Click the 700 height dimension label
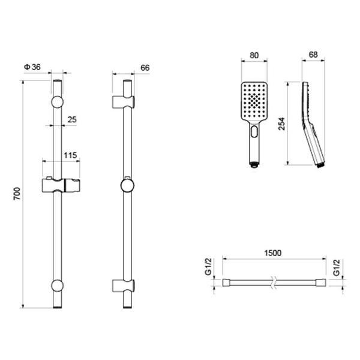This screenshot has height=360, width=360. [x=17, y=194]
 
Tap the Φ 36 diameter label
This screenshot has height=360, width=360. [x=32, y=67]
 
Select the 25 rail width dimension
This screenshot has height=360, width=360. [x=72, y=119]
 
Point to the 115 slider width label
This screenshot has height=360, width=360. [x=70, y=155]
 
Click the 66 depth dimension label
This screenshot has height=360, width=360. [x=145, y=68]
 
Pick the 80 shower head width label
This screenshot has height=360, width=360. [x=254, y=55]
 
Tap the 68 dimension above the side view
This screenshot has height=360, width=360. [x=313, y=55]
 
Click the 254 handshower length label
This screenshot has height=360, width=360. [x=282, y=124]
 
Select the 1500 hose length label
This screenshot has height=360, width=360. [x=273, y=253]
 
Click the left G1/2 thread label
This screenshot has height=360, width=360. [x=208, y=266]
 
